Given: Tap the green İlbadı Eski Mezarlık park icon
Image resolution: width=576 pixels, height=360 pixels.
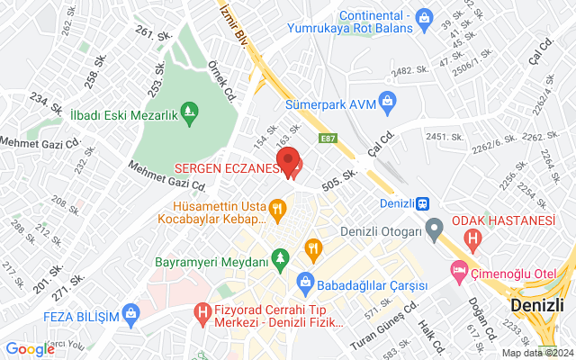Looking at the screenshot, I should pos(190,112).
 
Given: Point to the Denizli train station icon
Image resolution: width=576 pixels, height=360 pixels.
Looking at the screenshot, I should pos(422,202).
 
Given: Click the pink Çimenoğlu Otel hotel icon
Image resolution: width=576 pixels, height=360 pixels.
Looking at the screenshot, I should pos(460,269).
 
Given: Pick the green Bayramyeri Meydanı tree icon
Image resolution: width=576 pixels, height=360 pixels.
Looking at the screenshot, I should pos(281,260).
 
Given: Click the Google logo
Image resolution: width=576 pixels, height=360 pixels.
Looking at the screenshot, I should pos(31,349).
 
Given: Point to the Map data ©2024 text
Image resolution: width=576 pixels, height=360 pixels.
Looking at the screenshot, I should pos(537,353).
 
